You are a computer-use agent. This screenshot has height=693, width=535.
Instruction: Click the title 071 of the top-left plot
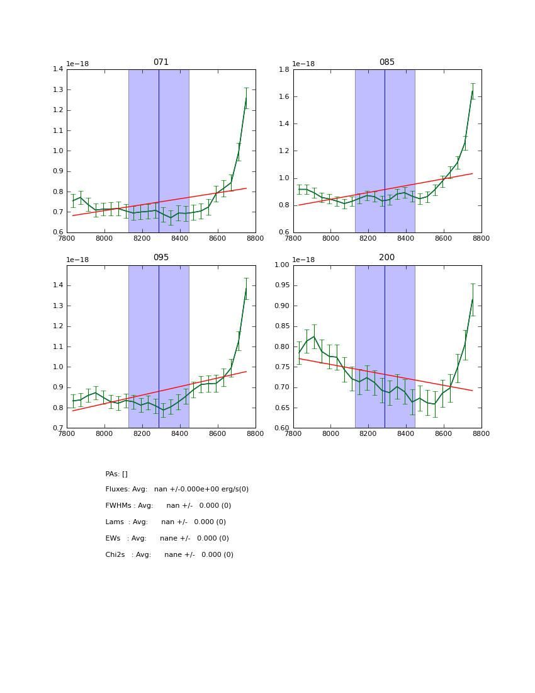pos(161,62)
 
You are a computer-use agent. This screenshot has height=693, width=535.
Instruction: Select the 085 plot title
pos(386,62)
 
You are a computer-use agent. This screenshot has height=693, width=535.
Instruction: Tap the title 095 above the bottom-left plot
pos(161,258)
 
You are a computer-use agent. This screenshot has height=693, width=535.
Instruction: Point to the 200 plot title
pos(386,258)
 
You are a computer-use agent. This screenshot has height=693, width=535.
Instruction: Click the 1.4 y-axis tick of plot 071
pos(57,69)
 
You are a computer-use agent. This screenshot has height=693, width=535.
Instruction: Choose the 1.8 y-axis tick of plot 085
pos(283,69)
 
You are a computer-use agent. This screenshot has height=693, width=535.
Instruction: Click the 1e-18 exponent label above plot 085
pos(304,64)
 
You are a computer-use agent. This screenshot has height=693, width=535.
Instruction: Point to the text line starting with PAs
pos(116,474)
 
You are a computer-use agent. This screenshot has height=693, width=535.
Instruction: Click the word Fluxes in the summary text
pos(116,490)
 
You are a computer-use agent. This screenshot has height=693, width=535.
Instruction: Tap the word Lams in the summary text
pos(115,522)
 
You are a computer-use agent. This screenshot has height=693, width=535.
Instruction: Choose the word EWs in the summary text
pos(113,539)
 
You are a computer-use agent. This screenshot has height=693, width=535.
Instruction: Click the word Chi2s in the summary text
pos(115,555)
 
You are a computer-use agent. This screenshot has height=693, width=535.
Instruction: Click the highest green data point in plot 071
pos(246,98)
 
